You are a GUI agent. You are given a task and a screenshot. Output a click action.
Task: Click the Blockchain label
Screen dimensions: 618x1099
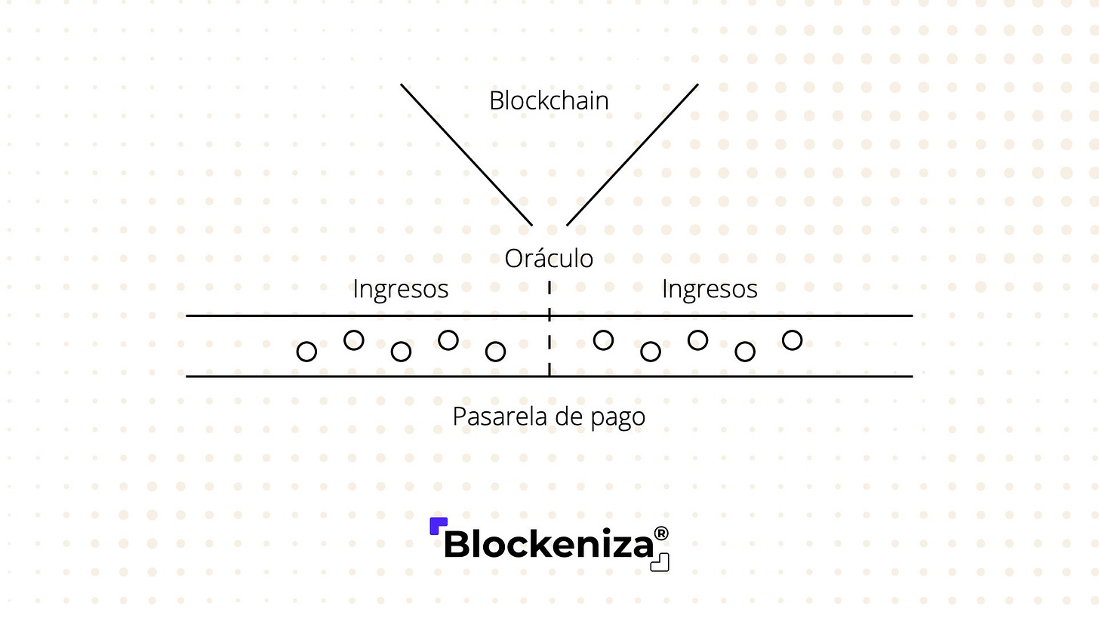point(549,101)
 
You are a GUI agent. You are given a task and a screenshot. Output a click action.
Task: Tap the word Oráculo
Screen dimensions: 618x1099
point(549,259)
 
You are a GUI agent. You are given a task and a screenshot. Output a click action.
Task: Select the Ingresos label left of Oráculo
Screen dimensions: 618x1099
point(400,289)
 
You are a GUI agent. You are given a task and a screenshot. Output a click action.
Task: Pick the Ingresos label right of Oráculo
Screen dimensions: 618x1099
point(710,289)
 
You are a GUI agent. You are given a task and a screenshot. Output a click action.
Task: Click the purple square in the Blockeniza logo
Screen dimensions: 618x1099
point(438,526)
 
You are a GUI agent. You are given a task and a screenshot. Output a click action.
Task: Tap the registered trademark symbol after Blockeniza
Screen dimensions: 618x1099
point(661,534)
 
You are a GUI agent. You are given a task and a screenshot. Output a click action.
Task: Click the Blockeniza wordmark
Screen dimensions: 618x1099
point(548,544)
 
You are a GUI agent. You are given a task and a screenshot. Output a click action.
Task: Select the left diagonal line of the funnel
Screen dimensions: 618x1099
point(466,154)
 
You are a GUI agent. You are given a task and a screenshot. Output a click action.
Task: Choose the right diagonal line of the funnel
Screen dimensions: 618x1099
point(633,154)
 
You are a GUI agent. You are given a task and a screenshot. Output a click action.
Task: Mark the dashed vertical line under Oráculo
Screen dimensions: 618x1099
point(549,332)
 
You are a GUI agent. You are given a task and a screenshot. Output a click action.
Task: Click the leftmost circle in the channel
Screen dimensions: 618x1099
point(306,352)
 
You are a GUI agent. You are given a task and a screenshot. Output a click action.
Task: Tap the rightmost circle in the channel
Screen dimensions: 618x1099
point(792,340)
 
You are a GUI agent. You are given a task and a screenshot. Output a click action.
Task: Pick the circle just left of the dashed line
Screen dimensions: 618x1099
point(495,352)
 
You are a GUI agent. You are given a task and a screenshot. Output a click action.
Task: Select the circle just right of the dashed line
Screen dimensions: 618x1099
point(603,340)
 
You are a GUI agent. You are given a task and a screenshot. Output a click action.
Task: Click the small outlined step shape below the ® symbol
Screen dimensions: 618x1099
point(660,562)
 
